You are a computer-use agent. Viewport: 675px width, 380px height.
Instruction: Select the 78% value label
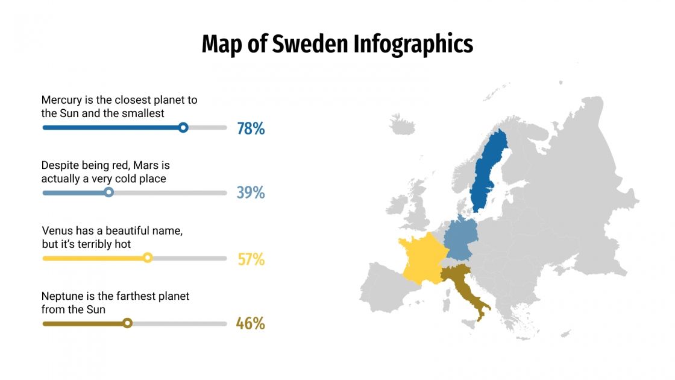click(x=251, y=128)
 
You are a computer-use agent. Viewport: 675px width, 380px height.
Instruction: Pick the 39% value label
click(x=251, y=193)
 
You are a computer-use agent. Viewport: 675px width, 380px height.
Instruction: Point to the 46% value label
click(x=251, y=324)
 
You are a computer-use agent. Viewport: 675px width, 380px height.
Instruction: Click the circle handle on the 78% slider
click(x=183, y=127)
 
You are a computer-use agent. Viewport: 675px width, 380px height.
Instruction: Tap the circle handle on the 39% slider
click(x=108, y=192)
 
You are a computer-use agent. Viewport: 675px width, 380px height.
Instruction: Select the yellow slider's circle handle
click(x=148, y=258)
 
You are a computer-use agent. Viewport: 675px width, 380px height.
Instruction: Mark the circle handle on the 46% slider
click(x=127, y=323)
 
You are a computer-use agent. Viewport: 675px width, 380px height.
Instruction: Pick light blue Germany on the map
click(x=460, y=238)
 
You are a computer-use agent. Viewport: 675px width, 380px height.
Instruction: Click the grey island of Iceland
click(x=403, y=124)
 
